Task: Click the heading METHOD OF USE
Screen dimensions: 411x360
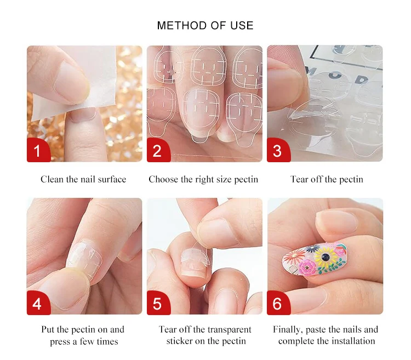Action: point(206,26)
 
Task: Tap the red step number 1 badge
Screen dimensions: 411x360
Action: point(38,150)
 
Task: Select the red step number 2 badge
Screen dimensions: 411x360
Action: point(158,150)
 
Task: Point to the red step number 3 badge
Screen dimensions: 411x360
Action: point(278,150)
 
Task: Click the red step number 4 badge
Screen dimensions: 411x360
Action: point(38,302)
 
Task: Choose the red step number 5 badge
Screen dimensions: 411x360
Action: point(158,302)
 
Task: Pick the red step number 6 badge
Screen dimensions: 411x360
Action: point(278,302)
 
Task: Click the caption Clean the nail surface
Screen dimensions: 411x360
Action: point(83,179)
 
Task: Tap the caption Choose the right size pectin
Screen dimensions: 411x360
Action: point(203,180)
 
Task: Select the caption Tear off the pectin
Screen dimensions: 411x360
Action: point(327,180)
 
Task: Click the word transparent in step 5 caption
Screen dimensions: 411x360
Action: point(225,330)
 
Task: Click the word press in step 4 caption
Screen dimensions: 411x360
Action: point(60,342)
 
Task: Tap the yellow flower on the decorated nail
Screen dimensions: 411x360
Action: point(326,256)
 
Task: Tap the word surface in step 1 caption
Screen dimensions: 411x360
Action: point(112,179)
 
